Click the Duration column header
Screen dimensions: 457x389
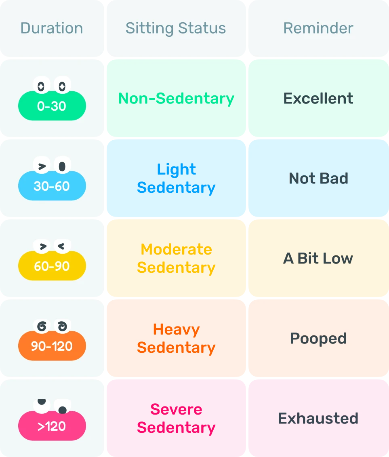[x=52, y=28]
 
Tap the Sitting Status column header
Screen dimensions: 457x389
[x=176, y=28]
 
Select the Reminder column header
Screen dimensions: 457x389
[x=318, y=28]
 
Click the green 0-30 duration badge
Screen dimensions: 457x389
[x=52, y=106]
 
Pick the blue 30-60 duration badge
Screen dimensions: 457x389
[x=52, y=186]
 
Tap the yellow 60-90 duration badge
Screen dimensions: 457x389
[x=52, y=266]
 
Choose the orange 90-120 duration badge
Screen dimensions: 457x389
[x=52, y=346]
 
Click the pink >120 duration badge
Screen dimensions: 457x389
[x=52, y=426]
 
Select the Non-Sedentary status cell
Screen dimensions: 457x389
[x=176, y=99]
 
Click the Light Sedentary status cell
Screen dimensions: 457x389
[x=176, y=178]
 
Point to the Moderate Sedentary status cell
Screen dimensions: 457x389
[x=176, y=258]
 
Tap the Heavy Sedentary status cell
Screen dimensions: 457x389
[x=176, y=338]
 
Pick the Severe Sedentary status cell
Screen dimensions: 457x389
[x=176, y=418]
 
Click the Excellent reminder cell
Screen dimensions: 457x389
[x=318, y=99]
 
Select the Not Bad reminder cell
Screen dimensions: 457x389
[x=318, y=178]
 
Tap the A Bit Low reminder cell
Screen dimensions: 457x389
[x=318, y=258]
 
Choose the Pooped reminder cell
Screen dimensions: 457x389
[x=318, y=338]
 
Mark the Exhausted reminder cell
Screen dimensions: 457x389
[x=318, y=418]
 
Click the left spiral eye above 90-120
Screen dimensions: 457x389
[x=42, y=326]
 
